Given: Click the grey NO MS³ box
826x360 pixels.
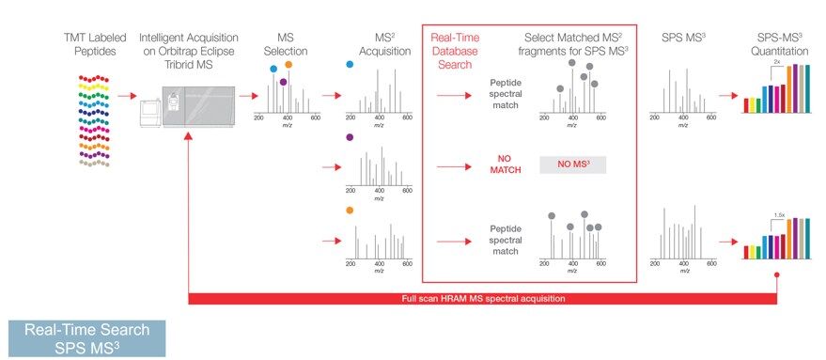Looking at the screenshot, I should [x=572, y=165].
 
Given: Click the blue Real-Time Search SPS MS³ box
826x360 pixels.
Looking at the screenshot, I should [x=86, y=337].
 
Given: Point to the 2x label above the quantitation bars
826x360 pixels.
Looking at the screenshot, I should [x=777, y=59].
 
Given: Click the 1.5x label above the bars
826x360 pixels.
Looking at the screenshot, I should [x=779, y=214].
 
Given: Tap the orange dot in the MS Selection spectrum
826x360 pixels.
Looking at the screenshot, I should [x=288, y=65].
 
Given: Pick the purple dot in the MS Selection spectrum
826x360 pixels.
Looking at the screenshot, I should [x=283, y=82].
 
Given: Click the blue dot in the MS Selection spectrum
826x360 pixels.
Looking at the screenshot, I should [x=273, y=68].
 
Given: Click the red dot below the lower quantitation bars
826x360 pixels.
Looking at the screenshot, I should [x=776, y=275].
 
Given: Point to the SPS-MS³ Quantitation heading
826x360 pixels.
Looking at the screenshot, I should [x=779, y=45].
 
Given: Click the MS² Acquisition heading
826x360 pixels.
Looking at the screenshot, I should [x=379, y=45].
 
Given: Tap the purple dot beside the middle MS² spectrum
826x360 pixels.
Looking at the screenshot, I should [x=351, y=137].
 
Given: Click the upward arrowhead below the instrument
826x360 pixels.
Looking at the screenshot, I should [x=189, y=137].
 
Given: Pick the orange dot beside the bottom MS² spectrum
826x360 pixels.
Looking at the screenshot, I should [x=351, y=211].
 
